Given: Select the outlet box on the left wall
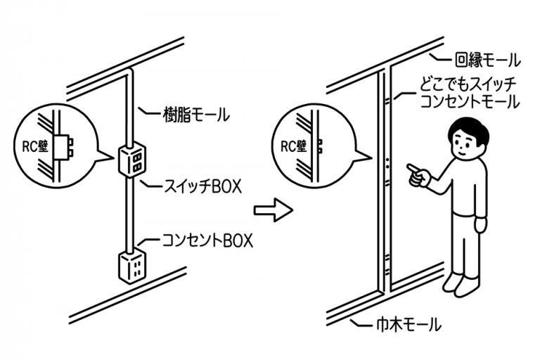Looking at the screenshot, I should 131,264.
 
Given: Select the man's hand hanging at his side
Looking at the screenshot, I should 481,225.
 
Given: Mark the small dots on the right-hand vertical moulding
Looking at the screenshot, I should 387,164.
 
